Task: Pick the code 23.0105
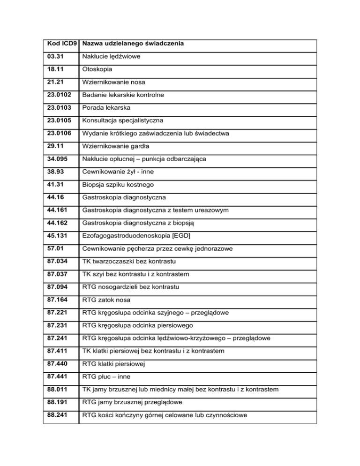tap(60, 120)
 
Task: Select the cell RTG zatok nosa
tap(106, 298)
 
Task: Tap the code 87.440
tap(58, 362)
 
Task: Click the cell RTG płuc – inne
tap(105, 375)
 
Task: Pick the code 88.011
tap(58, 387)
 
